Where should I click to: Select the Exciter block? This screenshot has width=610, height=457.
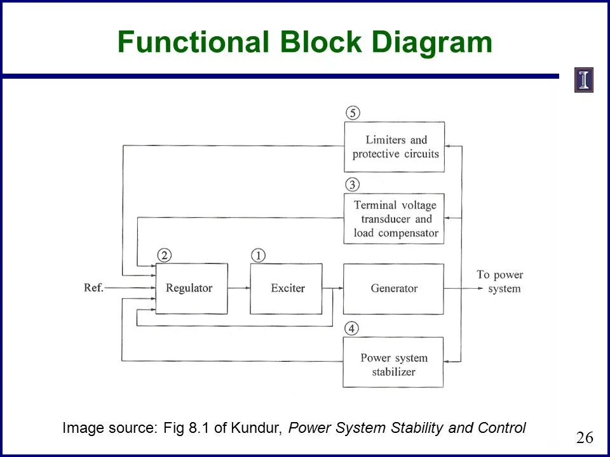(x=286, y=288)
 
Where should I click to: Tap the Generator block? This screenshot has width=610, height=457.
(x=393, y=289)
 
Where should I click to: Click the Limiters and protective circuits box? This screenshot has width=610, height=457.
(x=394, y=147)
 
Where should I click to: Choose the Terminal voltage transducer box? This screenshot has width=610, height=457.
(x=394, y=219)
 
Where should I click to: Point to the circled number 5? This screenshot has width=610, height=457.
(x=353, y=113)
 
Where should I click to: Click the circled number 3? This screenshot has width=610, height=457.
(x=353, y=185)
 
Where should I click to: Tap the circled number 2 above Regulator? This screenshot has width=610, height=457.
(x=165, y=255)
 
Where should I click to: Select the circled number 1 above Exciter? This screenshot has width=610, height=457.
(x=258, y=255)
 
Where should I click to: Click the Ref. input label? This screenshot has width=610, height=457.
(x=93, y=288)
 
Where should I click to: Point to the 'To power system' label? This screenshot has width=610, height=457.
(x=500, y=282)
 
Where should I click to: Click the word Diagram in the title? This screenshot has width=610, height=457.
(x=432, y=43)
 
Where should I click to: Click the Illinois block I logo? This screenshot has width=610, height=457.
(x=583, y=80)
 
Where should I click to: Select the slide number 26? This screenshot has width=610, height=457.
(x=585, y=437)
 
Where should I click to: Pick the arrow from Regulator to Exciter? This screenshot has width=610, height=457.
(x=238, y=288)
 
